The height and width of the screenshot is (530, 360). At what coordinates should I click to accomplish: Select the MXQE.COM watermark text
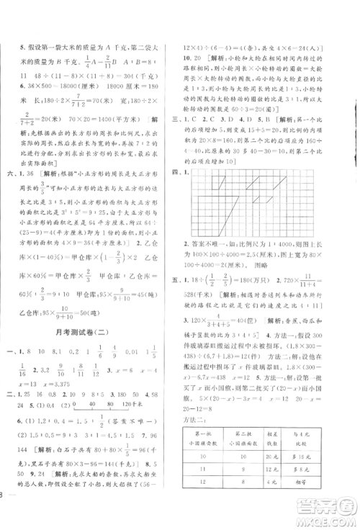pos(332,519)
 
